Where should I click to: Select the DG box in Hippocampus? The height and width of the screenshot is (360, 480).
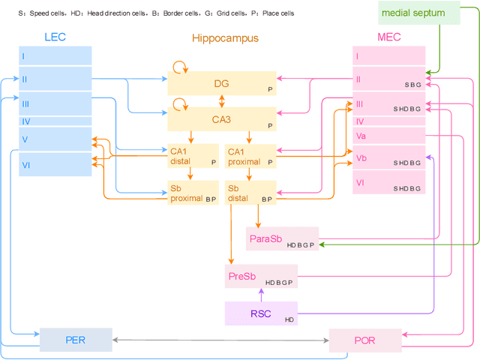222,84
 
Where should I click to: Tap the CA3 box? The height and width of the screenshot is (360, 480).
222,118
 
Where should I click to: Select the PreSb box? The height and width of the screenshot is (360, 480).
261,276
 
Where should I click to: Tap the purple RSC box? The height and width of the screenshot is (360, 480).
261,313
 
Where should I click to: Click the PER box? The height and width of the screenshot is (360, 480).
76,340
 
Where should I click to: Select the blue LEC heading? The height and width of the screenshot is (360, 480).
55,37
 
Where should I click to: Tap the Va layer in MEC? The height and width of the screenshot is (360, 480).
388,136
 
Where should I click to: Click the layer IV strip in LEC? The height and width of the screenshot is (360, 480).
55,121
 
